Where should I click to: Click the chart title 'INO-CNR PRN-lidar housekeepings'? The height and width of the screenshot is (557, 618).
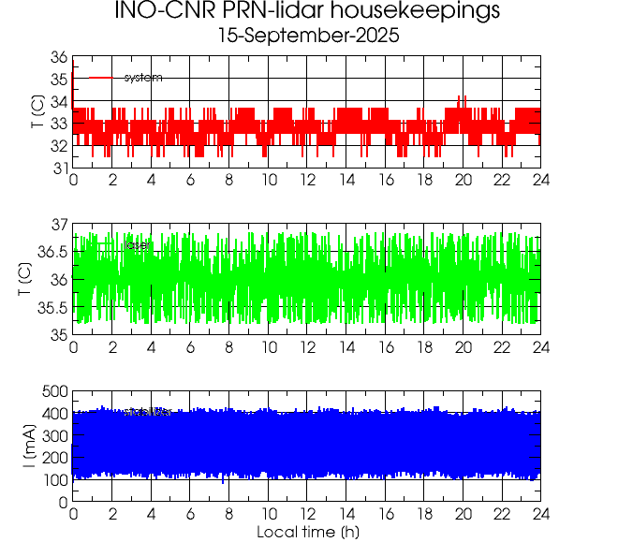307,12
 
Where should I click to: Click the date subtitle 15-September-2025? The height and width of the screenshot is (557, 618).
307,37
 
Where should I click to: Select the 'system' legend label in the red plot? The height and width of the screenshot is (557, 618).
143,78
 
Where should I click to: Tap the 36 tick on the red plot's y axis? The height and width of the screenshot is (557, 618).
58,57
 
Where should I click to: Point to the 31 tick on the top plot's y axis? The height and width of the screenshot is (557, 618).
58,168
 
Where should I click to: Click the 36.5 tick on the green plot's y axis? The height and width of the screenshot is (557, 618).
51,252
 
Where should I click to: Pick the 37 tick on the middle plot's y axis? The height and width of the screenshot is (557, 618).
58,225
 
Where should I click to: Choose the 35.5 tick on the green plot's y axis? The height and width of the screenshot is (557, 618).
51,307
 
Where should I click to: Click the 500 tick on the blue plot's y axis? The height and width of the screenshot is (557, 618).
53,391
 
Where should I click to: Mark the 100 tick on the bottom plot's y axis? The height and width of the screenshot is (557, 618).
53,479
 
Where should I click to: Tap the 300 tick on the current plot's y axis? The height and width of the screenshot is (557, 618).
53,435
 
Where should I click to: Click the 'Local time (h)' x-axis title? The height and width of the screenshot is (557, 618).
308,533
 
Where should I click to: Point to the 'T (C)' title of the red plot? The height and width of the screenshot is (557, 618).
36,112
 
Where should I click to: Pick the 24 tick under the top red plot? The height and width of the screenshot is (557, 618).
540,181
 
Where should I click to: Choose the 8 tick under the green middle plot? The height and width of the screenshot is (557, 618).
229,347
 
